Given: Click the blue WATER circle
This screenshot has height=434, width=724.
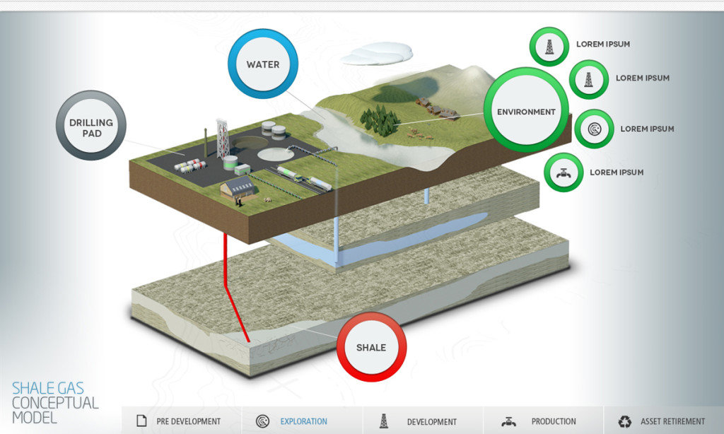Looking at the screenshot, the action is tap(263, 64).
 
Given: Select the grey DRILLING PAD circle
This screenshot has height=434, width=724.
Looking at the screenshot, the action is tap(91, 125).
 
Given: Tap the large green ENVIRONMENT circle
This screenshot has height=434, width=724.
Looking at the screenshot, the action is tap(526, 110).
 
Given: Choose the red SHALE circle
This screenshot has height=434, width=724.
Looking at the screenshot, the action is tap(371, 347).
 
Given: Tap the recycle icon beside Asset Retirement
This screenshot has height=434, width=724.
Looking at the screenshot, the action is tap(625, 421).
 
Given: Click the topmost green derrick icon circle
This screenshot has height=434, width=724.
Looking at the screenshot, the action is tap(549, 47).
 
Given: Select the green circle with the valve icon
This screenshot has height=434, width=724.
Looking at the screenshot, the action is tap(564, 172).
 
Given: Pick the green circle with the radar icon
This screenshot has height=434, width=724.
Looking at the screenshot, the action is tap(594, 129).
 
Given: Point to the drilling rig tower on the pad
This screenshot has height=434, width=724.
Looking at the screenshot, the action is tap(223, 139).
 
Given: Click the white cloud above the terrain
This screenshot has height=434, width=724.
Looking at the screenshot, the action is tap(377, 54).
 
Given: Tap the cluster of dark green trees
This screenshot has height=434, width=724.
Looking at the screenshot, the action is tap(380, 119).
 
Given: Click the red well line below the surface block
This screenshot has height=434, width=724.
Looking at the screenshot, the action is tap(235, 287).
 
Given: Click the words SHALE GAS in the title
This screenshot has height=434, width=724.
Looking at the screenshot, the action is tap(48, 388).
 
